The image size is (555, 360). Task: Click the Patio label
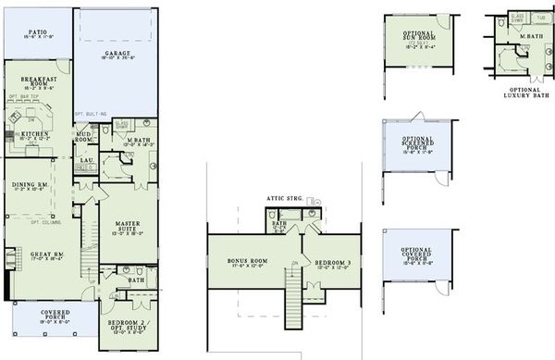coord(37,32)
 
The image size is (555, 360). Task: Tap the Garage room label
coord(117,55)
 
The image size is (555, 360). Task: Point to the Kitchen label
coord(34,134)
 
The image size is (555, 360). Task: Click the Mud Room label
coord(83,136)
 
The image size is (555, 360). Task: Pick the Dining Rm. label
coord(30,185)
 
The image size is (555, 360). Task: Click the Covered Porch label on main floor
coord(55,316)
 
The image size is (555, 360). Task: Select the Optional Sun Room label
coord(419,37)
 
